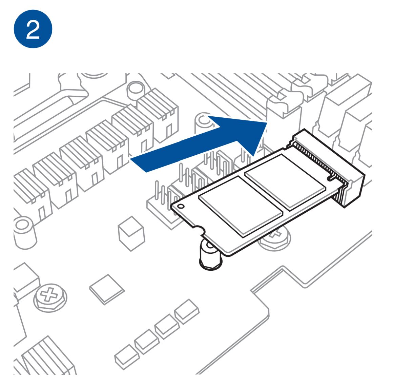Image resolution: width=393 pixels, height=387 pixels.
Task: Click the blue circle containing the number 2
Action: pos(33,29)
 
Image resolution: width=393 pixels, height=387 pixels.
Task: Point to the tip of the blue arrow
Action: pos(267,123)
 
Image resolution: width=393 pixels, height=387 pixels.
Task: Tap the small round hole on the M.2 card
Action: pos(181,206)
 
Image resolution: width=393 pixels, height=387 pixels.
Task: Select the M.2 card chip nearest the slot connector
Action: pos(285,182)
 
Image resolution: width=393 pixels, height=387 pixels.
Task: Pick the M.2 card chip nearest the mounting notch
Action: pos(241,206)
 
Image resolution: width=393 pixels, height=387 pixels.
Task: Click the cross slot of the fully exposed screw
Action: pos(49,294)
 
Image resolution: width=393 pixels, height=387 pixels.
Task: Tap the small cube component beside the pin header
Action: pos(131,233)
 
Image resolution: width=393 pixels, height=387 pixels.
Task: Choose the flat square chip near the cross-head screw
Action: pos(107,289)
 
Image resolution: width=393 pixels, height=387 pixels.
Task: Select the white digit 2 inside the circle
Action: pos(33,30)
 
